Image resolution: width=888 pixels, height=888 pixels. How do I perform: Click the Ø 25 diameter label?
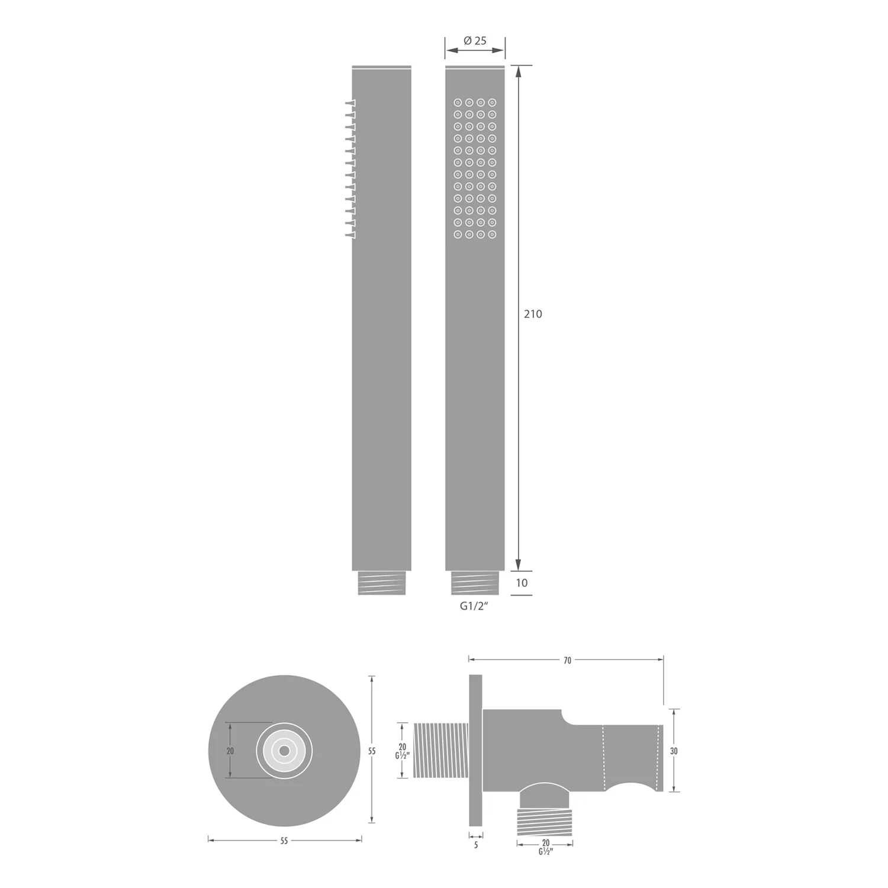click(x=475, y=41)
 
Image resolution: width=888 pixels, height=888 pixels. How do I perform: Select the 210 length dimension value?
click(x=533, y=314)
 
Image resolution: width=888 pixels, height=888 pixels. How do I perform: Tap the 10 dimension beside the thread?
click(x=522, y=583)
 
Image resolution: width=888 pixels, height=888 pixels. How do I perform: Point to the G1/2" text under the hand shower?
click(x=475, y=607)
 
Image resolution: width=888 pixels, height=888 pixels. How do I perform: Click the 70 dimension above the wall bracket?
click(x=567, y=660)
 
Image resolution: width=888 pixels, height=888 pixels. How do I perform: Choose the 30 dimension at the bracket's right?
click(x=674, y=751)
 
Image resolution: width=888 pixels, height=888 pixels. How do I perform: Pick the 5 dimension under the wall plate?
click(x=476, y=845)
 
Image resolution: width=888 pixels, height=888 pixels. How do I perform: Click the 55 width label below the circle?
click(x=284, y=841)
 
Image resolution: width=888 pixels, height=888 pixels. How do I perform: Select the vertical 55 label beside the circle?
click(x=372, y=751)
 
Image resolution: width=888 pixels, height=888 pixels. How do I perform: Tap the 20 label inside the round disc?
click(x=230, y=751)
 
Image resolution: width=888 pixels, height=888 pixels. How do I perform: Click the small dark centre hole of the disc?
click(x=284, y=751)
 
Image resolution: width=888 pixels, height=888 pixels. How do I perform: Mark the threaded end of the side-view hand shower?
click(x=381, y=583)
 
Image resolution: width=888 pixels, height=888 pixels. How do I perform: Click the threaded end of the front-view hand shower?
click(x=475, y=583)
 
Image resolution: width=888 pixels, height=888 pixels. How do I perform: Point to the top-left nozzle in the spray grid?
click(x=458, y=102)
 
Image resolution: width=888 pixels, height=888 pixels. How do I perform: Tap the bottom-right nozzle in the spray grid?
click(x=493, y=234)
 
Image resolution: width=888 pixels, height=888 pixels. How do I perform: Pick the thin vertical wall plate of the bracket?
click(x=475, y=750)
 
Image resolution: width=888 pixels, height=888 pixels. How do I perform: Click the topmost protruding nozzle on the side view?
click(x=350, y=104)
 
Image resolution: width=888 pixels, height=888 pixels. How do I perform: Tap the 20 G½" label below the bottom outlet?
click(x=545, y=847)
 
